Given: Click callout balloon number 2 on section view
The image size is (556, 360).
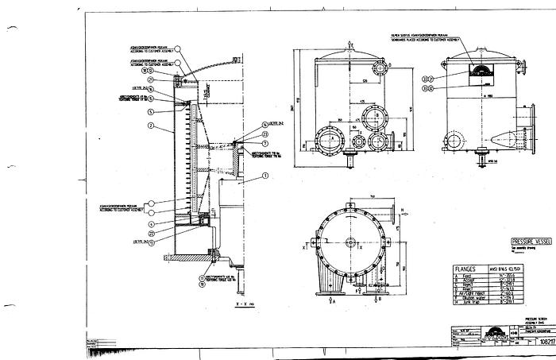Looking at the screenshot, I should [160, 126].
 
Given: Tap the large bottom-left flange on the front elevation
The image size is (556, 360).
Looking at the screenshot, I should [327, 140].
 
